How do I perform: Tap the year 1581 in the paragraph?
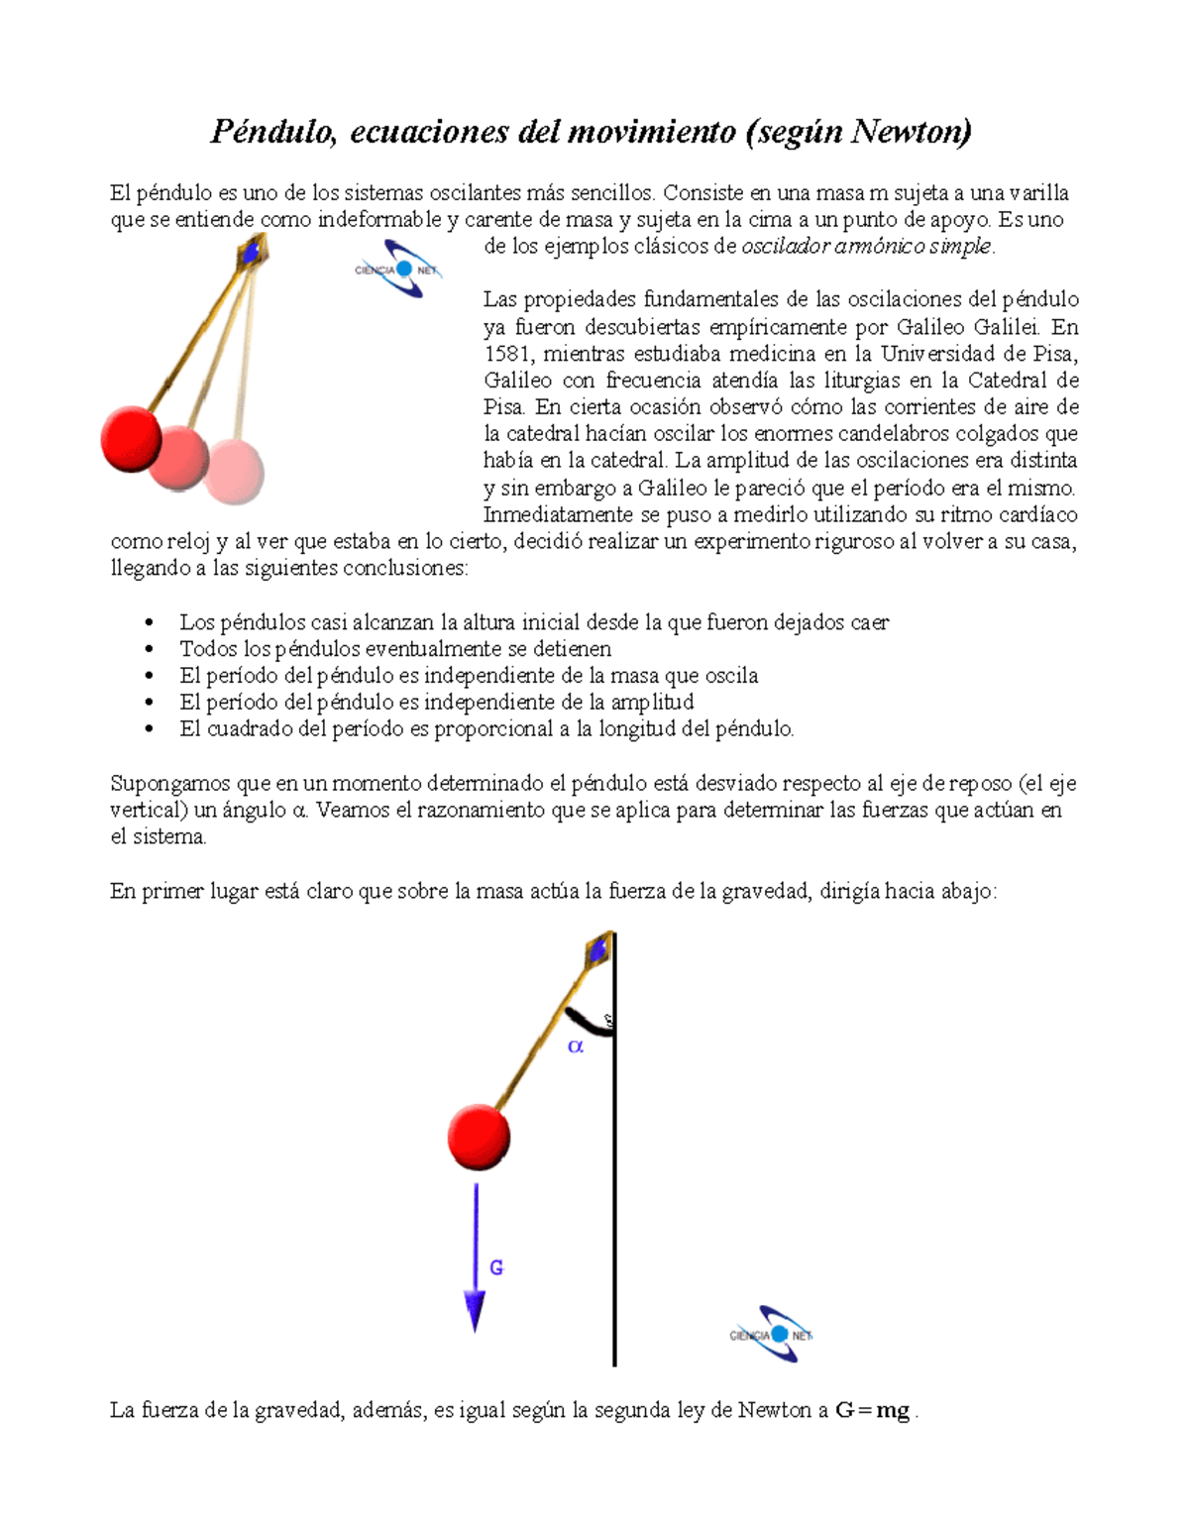click(507, 354)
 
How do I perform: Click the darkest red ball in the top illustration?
click(131, 437)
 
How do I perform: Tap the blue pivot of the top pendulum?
click(252, 253)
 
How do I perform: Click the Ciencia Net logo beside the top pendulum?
click(398, 269)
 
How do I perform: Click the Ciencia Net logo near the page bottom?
click(772, 1334)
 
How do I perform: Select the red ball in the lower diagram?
click(479, 1137)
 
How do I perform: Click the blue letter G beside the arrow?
click(496, 1267)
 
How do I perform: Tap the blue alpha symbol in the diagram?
click(576, 1046)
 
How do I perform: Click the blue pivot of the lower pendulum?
click(598, 950)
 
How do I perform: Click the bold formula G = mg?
click(872, 1410)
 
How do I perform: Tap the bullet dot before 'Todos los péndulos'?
click(150, 649)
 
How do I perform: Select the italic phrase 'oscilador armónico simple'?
click(867, 247)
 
